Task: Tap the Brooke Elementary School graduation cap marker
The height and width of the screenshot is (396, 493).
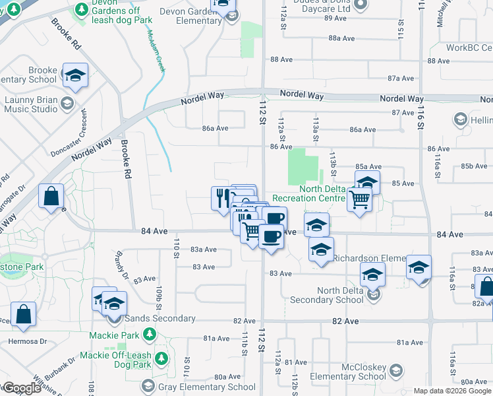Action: (75, 76)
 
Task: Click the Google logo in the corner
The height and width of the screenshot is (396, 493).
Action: (21, 388)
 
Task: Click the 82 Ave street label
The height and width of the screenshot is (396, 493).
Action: (345, 321)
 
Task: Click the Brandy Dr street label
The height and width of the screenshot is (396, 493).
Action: (121, 265)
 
